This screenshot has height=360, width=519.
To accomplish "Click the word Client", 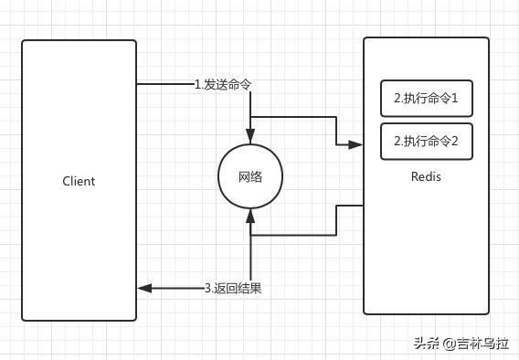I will click(79, 181).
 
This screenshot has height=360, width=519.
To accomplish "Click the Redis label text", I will click(426, 176).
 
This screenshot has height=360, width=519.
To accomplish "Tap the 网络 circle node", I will click(249, 176).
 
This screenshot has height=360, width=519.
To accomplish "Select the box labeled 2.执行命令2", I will click(426, 142).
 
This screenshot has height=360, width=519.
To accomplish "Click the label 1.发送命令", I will click(223, 84).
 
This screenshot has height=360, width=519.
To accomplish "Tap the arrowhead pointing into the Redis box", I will click(356, 143).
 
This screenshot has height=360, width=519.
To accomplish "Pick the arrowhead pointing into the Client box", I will click(143, 288).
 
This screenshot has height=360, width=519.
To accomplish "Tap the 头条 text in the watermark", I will click(426, 344).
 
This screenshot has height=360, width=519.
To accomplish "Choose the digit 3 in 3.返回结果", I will click(207, 288).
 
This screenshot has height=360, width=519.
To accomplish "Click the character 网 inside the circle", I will click(243, 176).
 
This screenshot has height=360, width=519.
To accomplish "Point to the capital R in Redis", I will click(414, 176).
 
